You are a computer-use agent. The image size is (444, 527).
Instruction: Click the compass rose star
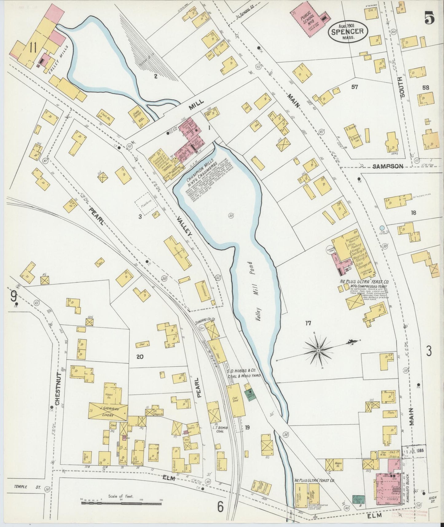pyautogui.click(x=319, y=350)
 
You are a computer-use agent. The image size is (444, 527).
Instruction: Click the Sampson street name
pyautogui.click(x=387, y=166)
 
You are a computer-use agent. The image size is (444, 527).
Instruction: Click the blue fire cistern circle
pyautogui.click(x=382, y=228)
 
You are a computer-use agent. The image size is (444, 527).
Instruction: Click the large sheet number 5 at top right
pyautogui.click(x=430, y=18)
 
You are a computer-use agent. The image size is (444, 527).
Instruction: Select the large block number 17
pyautogui.click(x=308, y=323)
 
